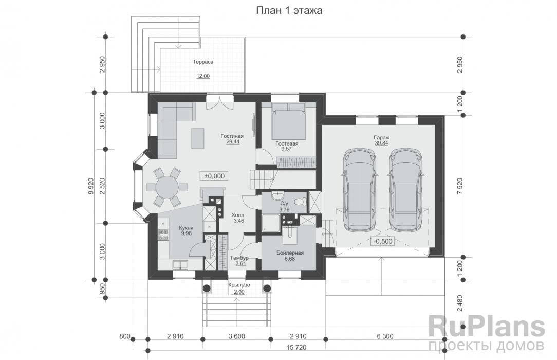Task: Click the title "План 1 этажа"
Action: pos(289,11)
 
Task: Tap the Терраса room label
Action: pos(203,62)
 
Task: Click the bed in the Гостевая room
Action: pos(288,121)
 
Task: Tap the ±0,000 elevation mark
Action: pos(214,176)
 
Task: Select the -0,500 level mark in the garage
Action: pos(383,241)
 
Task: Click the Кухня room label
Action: pos(186,228)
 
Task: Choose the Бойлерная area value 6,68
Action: pos(290,259)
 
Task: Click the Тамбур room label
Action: pos(239,258)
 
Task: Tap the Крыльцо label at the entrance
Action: pos(239,285)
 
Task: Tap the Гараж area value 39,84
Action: pos(381,143)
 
